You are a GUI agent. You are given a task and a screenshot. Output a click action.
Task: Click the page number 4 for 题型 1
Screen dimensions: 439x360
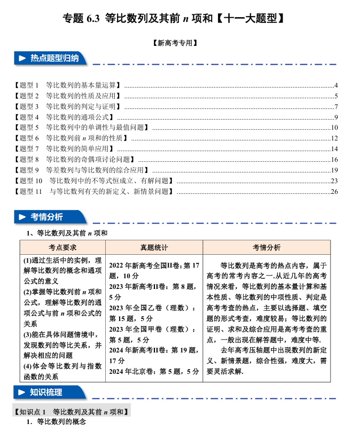coord(335,85)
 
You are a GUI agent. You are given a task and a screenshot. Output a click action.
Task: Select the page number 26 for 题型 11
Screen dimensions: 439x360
coord(334,191)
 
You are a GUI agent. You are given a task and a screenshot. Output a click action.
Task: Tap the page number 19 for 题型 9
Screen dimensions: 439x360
coord(334,170)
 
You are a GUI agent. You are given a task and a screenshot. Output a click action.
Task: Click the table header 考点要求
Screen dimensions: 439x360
coord(62,248)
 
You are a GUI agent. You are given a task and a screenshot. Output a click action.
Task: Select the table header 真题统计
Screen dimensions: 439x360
coord(154,248)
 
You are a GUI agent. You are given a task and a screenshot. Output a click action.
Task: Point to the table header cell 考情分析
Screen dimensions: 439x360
coord(266,248)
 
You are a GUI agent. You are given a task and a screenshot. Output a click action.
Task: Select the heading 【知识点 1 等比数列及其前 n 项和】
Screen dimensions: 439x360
coord(72,412)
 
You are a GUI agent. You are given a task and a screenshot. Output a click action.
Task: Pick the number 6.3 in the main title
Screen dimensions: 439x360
coord(92,18)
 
